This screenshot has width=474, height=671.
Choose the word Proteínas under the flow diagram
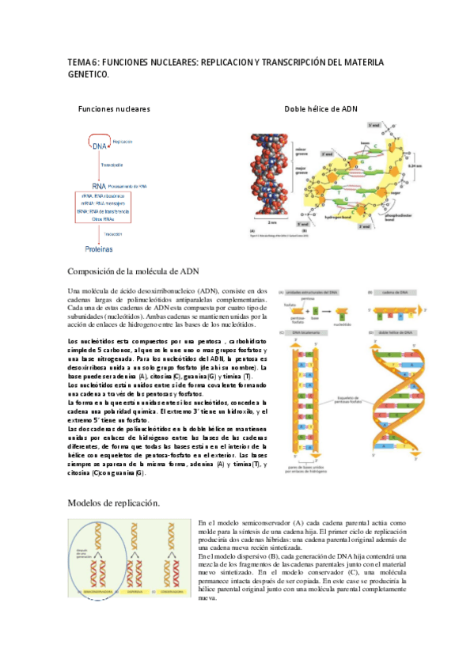click(x=100, y=248)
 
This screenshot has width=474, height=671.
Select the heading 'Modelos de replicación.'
click(x=114, y=502)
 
